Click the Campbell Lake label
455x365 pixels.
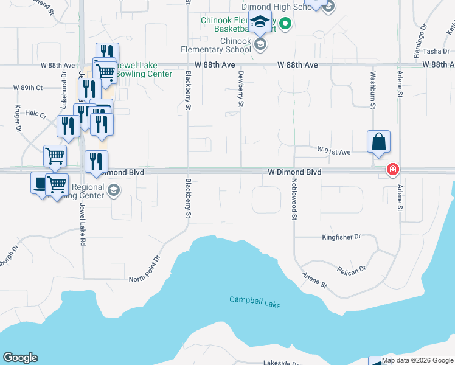coord(255,302)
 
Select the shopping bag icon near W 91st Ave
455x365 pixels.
coord(378,142)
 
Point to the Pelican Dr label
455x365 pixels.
coord(351,268)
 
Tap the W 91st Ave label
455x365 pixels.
coord(334,150)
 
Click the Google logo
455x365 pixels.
coord(20,358)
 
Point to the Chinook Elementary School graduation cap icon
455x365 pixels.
coord(260,22)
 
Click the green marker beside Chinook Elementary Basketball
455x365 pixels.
coord(284,24)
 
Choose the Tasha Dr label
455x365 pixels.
coord(436,51)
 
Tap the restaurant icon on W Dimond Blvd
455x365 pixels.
coord(96,162)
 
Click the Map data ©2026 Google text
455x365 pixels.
coord(418,360)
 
